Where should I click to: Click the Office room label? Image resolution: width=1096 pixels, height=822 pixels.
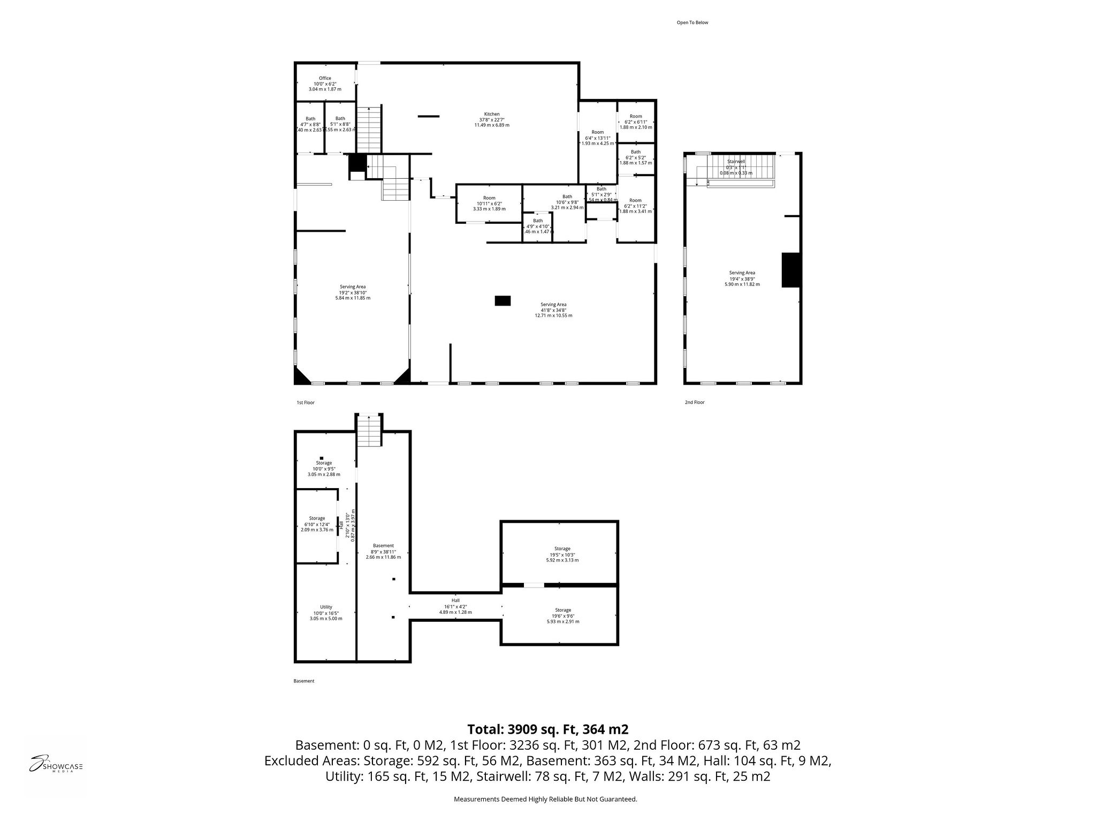(x=325, y=83)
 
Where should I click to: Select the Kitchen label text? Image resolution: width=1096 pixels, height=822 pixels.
(x=492, y=119)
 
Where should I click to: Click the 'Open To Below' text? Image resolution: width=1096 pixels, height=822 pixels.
(x=692, y=22)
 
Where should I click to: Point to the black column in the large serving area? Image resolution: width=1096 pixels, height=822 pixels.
(x=503, y=301)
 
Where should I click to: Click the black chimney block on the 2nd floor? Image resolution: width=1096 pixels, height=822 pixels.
(x=790, y=270)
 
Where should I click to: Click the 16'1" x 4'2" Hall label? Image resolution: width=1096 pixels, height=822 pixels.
(x=455, y=606)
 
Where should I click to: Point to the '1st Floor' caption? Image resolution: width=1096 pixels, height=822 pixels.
(x=306, y=402)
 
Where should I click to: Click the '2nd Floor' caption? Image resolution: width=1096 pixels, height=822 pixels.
(x=695, y=402)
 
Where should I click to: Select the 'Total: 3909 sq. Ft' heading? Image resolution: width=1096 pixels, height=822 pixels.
(x=547, y=729)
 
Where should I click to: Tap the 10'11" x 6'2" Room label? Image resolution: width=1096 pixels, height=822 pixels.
(x=489, y=203)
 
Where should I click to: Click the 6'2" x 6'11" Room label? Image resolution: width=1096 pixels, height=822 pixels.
(x=636, y=121)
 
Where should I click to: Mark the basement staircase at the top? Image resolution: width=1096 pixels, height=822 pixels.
(x=369, y=431)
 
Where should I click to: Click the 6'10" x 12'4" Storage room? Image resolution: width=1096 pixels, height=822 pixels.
(x=317, y=524)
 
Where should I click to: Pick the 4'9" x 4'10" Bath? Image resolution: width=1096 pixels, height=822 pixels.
(x=537, y=226)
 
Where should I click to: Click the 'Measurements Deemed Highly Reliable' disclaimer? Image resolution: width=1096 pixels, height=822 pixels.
(x=545, y=800)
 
